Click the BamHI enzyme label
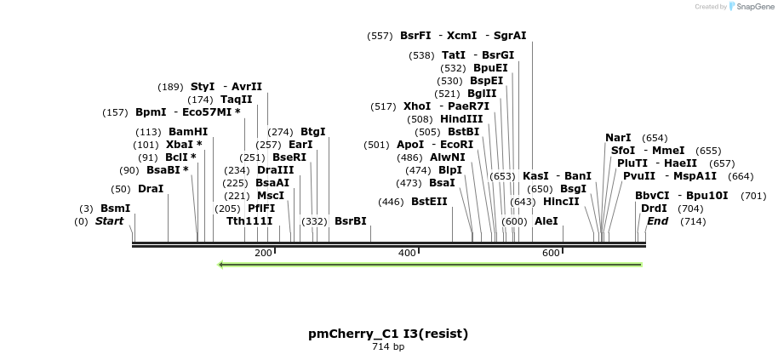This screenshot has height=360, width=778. pyautogui.click(x=188, y=132)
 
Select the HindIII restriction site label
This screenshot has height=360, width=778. pyautogui.click(x=461, y=119)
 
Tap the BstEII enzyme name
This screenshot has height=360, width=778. pyautogui.click(x=429, y=202)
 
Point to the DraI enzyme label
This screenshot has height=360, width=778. pyautogui.click(x=151, y=189)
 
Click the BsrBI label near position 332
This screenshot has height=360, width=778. pyautogui.click(x=351, y=221)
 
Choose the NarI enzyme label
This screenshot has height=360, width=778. pyautogui.click(x=618, y=138)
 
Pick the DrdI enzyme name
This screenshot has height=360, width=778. pyautogui.click(x=654, y=209)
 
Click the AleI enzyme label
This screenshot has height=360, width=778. pyautogui.click(x=546, y=221)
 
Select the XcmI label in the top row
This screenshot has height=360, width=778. pyautogui.click(x=462, y=36)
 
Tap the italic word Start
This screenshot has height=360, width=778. pyautogui.click(x=109, y=221)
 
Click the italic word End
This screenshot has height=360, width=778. pyautogui.click(x=657, y=221)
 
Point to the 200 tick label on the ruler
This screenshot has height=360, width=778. pyautogui.click(x=263, y=253)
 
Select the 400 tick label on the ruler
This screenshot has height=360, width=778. pyautogui.click(x=407, y=253)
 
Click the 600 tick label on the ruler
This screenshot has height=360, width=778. pyautogui.click(x=551, y=253)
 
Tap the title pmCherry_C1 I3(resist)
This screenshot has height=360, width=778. pyautogui.click(x=388, y=334)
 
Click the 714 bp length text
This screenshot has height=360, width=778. pyautogui.click(x=388, y=347)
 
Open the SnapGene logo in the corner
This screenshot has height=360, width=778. pyautogui.click(x=749, y=7)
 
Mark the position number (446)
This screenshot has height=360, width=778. pyautogui.click(x=392, y=202)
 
